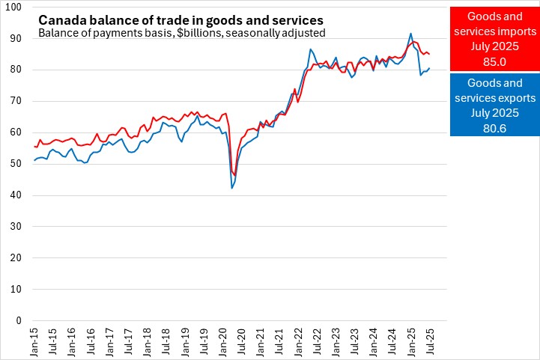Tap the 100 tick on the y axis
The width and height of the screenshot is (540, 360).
pyautogui.click(x=16, y=7)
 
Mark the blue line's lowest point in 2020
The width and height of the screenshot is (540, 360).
pyautogui.click(x=231, y=188)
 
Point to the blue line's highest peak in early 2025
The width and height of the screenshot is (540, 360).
pyautogui.click(x=410, y=34)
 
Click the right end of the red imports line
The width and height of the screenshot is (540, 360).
pyautogui.click(x=428, y=54)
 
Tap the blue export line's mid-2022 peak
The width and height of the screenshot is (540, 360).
pyautogui.click(x=310, y=49)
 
